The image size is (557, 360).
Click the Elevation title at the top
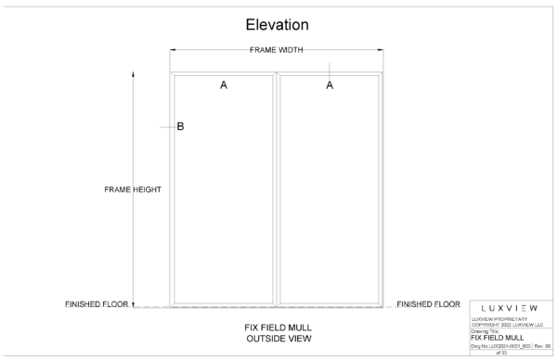[277, 24]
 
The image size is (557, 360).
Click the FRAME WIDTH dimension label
[278, 50]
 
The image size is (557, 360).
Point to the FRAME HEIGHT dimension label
[134, 189]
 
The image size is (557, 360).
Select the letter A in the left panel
[223, 85]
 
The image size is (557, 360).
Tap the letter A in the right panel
[330, 85]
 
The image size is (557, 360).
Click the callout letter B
[180, 127]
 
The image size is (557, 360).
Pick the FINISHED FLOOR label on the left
[97, 303]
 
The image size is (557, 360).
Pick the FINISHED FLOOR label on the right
[428, 303]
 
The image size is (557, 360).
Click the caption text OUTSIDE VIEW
[278, 339]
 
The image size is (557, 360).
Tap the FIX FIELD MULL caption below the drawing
[278, 328]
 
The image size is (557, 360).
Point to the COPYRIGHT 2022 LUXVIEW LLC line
[510, 324]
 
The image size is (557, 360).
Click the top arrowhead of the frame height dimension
[134, 71]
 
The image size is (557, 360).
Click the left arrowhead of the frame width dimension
[172, 50]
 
